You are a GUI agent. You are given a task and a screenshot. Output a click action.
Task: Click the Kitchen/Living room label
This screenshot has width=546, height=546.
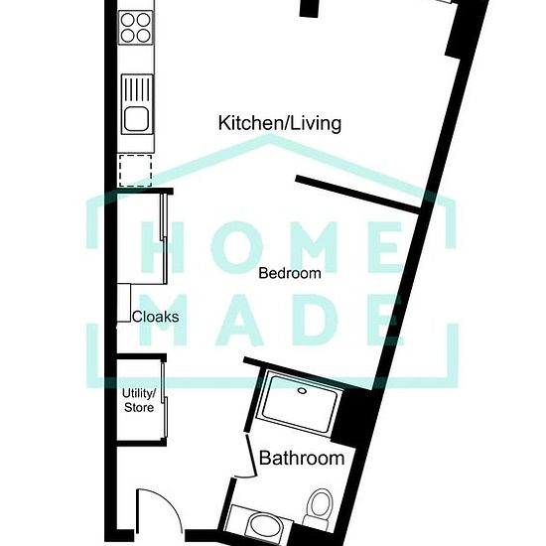coord(280,124)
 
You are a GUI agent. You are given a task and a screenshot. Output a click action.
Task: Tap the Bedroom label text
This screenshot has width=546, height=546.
coord(290,273)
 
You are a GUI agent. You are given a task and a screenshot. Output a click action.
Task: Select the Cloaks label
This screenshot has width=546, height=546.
coord(156,317)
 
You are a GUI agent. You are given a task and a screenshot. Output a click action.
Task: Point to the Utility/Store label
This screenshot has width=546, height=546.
coord(139,400)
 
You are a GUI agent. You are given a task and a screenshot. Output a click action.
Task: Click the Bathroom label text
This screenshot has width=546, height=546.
coord(302,458)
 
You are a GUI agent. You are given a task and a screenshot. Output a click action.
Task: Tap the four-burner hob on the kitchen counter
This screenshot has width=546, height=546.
coord(136,28)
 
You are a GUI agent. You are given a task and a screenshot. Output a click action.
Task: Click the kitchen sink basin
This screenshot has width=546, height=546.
coord(137,118)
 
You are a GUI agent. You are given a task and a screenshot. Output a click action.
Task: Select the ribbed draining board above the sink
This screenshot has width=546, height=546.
coord(137,89)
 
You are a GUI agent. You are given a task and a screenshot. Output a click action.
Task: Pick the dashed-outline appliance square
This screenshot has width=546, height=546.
coord(135,171)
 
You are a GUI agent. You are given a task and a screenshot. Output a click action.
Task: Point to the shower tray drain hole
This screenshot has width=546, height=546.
coord(302,391)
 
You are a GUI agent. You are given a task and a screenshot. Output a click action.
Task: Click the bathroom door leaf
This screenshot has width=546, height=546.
coord(251,456)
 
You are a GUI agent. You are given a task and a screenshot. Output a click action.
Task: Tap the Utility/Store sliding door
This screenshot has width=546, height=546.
coord(165,400)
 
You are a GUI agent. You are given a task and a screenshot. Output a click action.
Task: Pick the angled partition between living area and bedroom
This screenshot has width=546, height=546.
coord(358,195)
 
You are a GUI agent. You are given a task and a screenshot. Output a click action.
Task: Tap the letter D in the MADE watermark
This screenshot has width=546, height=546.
coord(315,320)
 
